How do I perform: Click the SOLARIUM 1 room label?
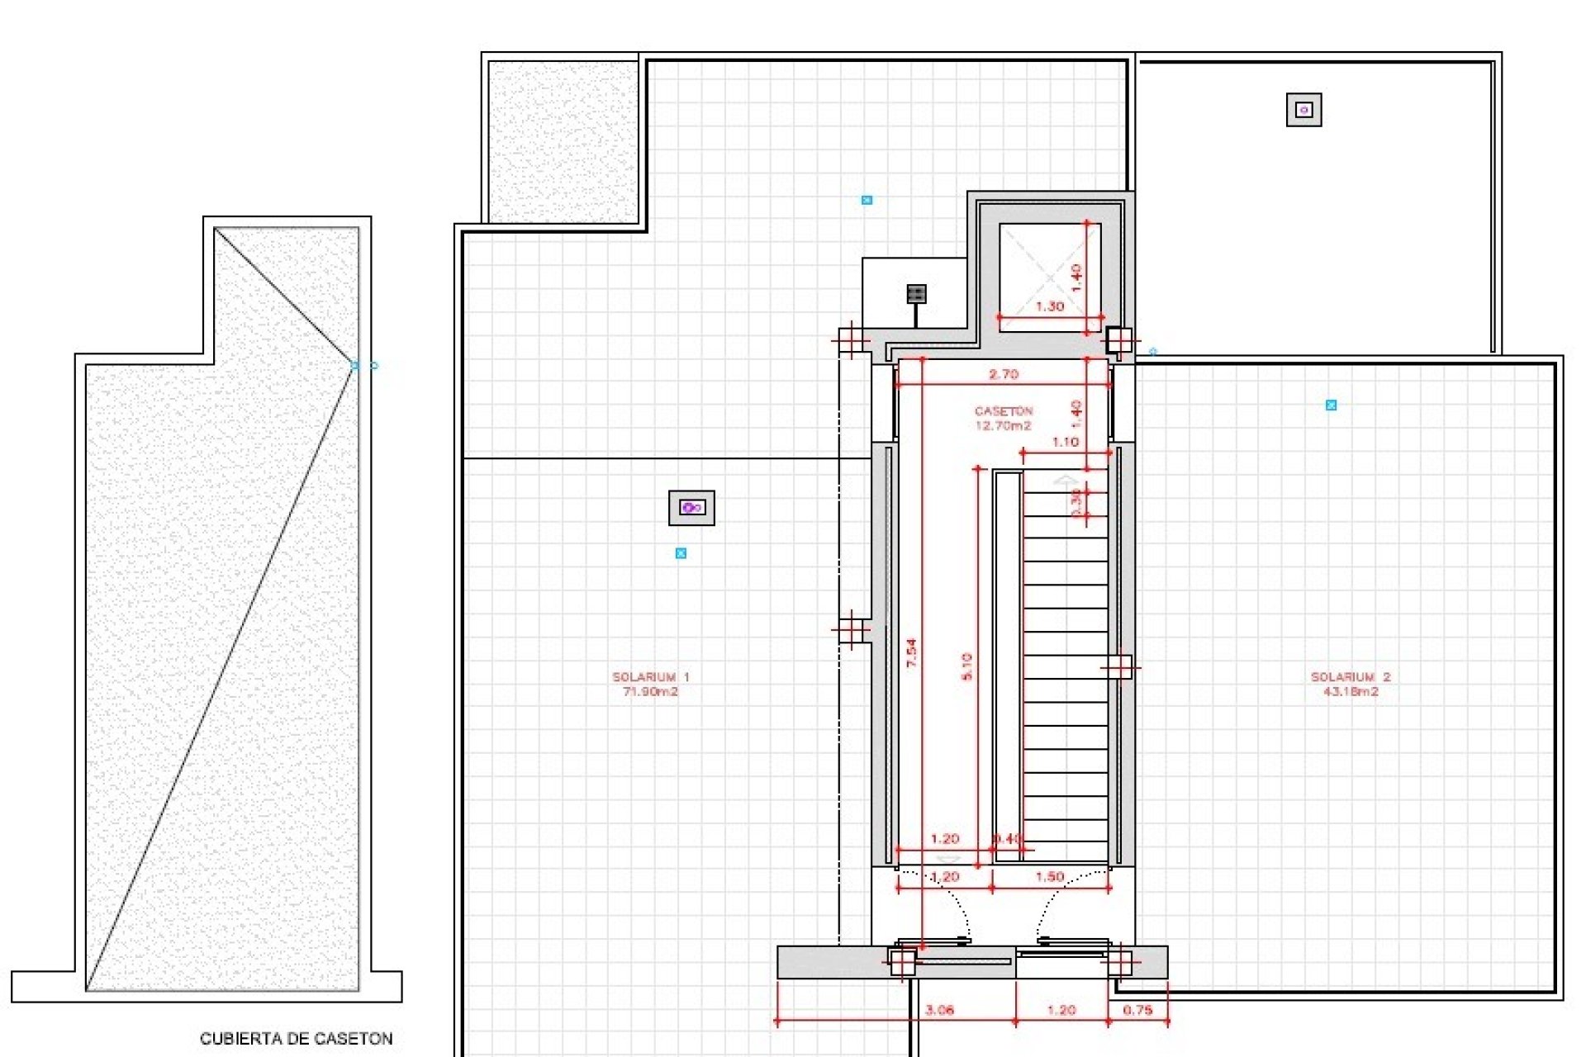pyautogui.click(x=650, y=684)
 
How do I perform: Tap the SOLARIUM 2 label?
pyautogui.click(x=1351, y=684)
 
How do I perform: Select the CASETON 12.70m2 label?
pyautogui.click(x=1003, y=418)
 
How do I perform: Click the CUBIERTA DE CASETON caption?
pyautogui.click(x=296, y=1038)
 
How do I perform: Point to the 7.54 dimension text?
pyautogui.click(x=911, y=652)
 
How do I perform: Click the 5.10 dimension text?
pyautogui.click(x=967, y=666)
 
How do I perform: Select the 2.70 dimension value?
pyautogui.click(x=1004, y=374)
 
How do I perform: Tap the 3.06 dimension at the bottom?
pyautogui.click(x=939, y=1009)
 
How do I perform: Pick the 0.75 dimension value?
pyautogui.click(x=1137, y=1009)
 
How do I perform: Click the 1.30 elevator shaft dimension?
pyautogui.click(x=1050, y=306)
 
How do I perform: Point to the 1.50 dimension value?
pyautogui.click(x=1049, y=876)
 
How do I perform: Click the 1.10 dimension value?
pyautogui.click(x=1065, y=442)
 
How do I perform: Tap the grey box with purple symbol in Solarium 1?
pyautogui.click(x=691, y=508)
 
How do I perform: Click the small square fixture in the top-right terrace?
pyautogui.click(x=1303, y=110)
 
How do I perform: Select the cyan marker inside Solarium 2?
pyautogui.click(x=1331, y=405)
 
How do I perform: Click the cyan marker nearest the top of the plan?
pyautogui.click(x=867, y=200)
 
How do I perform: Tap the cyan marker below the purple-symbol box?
pyautogui.click(x=681, y=553)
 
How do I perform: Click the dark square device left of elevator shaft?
pyautogui.click(x=915, y=294)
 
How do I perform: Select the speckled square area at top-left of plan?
pyautogui.click(x=563, y=141)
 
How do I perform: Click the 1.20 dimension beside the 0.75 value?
pyautogui.click(x=1061, y=1009)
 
